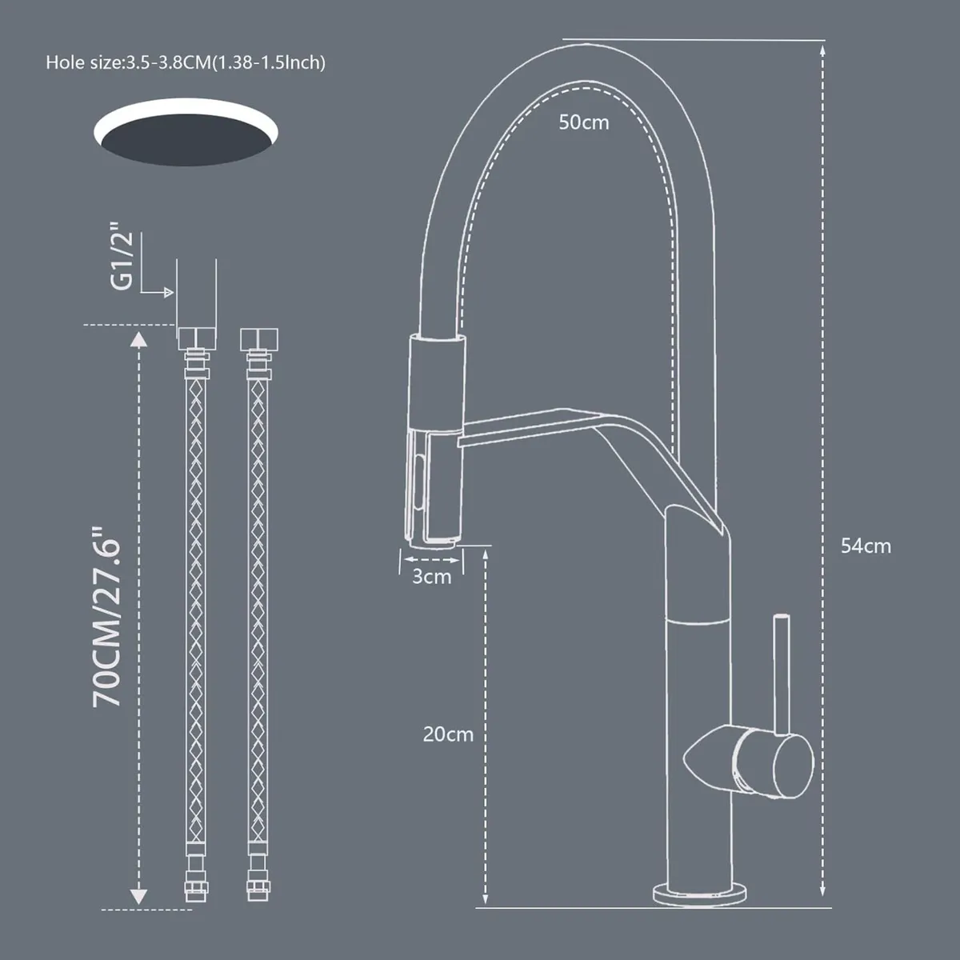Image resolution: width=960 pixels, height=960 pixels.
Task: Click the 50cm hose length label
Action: [583, 122]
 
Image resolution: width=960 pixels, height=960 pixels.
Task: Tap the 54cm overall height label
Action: [865, 546]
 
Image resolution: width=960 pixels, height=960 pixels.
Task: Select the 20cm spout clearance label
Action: [448, 734]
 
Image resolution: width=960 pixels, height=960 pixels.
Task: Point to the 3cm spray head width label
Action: [431, 577]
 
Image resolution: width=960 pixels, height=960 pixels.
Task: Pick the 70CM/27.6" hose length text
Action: [107, 616]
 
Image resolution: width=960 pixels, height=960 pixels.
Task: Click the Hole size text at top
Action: [186, 62]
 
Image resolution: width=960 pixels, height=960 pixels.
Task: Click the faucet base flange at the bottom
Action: [701, 892]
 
